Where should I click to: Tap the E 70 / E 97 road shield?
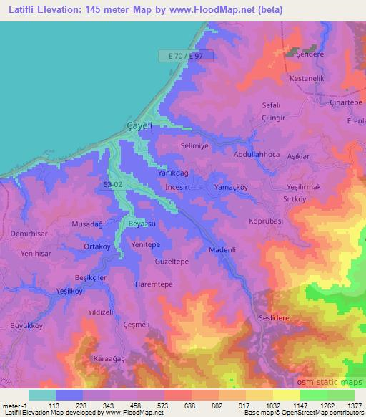tap(184, 54)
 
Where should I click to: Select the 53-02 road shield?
tap(112, 184)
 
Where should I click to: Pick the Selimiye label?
tap(194, 145)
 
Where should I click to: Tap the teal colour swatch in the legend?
tap(42, 395)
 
